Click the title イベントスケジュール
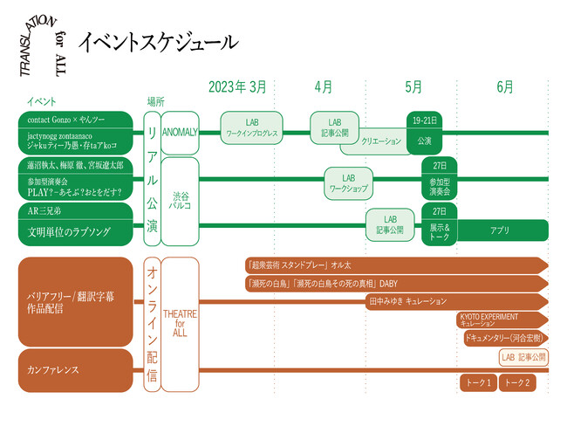(158, 41)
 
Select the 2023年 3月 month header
(237, 87)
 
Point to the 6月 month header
(504, 87)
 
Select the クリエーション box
(380, 140)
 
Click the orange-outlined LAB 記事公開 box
(523, 357)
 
